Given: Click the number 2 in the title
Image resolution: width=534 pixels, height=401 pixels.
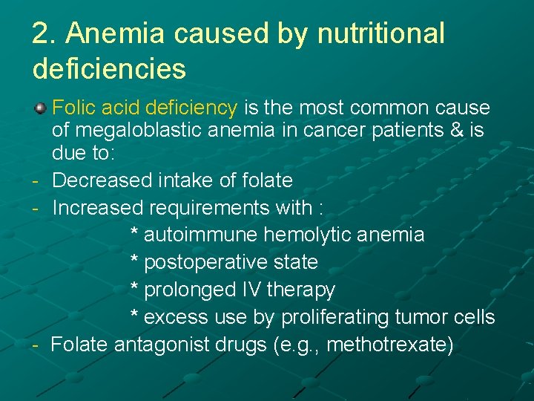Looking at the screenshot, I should (x=41, y=33).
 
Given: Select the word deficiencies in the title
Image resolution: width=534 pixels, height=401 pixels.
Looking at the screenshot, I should (x=109, y=69).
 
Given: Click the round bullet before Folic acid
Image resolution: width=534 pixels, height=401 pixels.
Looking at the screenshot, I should (x=41, y=108).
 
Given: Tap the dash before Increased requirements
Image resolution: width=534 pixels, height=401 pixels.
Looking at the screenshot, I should (x=36, y=208).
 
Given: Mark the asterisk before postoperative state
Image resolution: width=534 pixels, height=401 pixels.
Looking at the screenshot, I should (x=134, y=262).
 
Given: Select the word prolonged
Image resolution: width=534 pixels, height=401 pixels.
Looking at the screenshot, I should (x=188, y=290).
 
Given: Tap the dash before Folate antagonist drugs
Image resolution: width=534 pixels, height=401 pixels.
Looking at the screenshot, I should (x=36, y=345).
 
